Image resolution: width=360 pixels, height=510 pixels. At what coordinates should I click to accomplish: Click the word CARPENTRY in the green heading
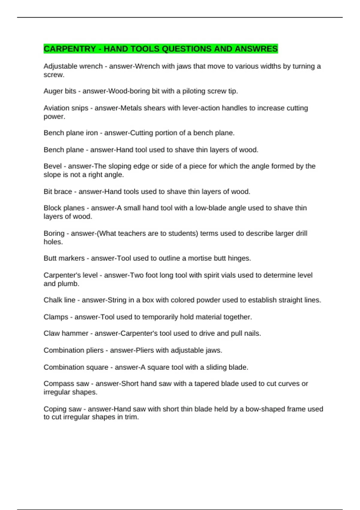70,49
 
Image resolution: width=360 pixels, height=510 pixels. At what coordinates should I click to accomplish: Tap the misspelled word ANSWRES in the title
256,49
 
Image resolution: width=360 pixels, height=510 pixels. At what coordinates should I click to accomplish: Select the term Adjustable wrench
73,66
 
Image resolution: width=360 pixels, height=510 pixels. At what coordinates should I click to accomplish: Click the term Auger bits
60,91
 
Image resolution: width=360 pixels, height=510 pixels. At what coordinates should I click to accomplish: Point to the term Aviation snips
66,108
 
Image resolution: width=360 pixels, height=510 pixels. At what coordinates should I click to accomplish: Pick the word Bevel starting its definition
52,166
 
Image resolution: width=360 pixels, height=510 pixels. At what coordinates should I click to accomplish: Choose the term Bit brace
58,192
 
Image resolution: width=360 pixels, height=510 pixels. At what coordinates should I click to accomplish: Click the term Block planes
64,208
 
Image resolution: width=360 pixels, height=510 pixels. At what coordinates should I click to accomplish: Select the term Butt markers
64,258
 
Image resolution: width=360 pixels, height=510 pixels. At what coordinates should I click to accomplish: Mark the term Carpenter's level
70,275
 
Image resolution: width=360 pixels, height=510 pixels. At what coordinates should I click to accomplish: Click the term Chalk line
59,300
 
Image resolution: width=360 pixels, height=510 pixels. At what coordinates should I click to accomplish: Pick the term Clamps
56,317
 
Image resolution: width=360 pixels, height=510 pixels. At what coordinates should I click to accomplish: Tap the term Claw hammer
66,333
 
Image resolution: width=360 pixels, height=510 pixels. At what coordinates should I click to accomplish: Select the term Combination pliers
73,350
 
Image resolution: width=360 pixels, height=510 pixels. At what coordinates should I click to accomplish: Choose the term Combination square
76,367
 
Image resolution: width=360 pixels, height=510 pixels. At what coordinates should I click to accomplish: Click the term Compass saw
66,384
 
